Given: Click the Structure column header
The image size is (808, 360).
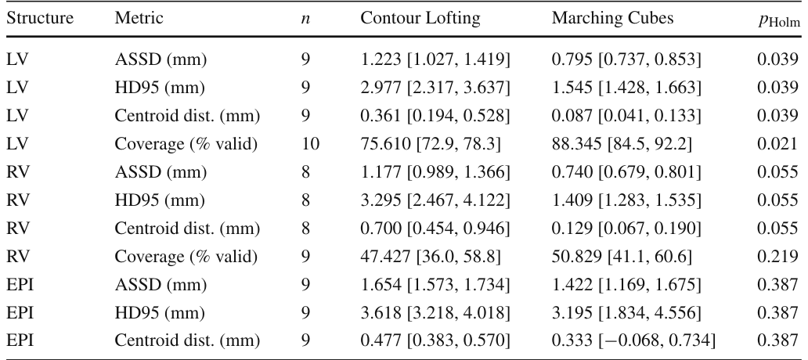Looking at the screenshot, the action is [40, 19].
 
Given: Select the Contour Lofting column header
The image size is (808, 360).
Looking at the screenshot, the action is [420, 19].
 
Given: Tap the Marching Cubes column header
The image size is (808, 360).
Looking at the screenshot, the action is [613, 19].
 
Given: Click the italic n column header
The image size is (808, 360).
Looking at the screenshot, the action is [305, 20].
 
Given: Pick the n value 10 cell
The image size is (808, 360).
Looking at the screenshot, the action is [310, 144].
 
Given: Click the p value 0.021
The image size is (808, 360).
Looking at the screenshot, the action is [777, 144].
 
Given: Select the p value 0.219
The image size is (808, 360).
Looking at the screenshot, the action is [777, 257].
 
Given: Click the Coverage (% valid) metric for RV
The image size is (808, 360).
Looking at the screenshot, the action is [186, 257].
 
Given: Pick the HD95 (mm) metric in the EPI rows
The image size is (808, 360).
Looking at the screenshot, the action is [160, 312].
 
